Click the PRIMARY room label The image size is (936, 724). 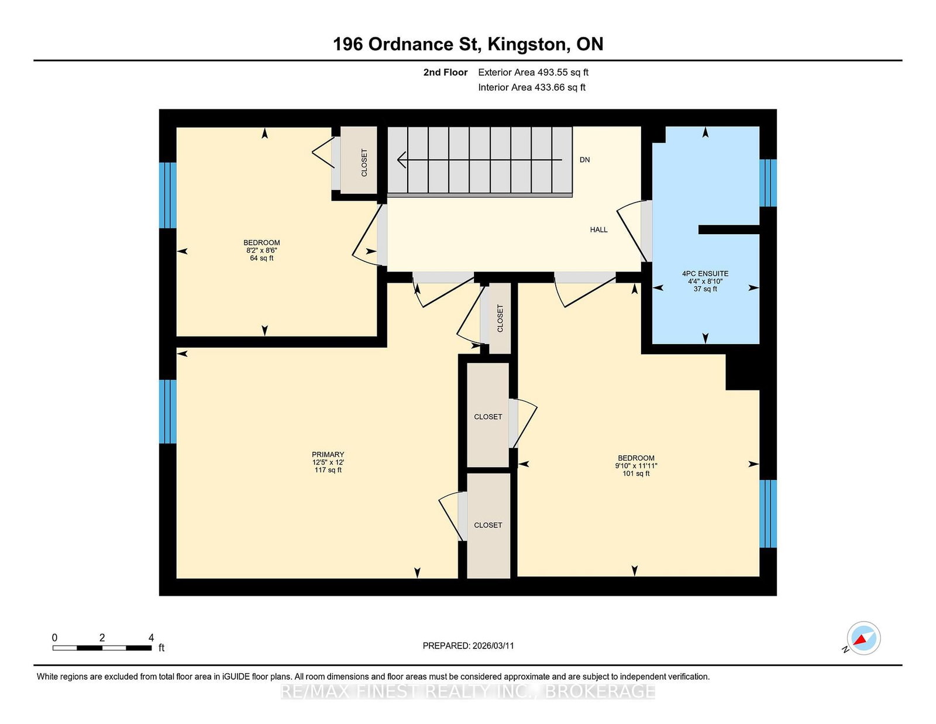point(328,454)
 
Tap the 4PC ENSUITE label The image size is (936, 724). point(705,273)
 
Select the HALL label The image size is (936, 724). point(598,229)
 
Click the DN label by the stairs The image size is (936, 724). point(584,159)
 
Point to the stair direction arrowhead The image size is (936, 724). point(401,159)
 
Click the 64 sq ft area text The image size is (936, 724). point(261,258)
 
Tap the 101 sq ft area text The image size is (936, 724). point(636,473)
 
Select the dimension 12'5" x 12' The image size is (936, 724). point(328,462)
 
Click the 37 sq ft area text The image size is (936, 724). point(705,289)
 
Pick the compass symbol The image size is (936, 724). point(863,638)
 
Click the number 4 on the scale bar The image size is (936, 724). point(151,637)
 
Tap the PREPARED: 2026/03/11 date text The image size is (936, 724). point(468,646)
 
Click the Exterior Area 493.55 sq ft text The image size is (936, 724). point(533,73)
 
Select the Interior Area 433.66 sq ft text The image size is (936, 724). point(532,87)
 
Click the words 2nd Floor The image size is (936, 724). point(445,73)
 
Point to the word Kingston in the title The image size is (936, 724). point(526,44)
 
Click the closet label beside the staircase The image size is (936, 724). point(364,163)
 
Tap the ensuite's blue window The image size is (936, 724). point(768,183)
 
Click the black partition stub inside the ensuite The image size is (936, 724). point(728,229)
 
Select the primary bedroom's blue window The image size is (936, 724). point(167,411)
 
